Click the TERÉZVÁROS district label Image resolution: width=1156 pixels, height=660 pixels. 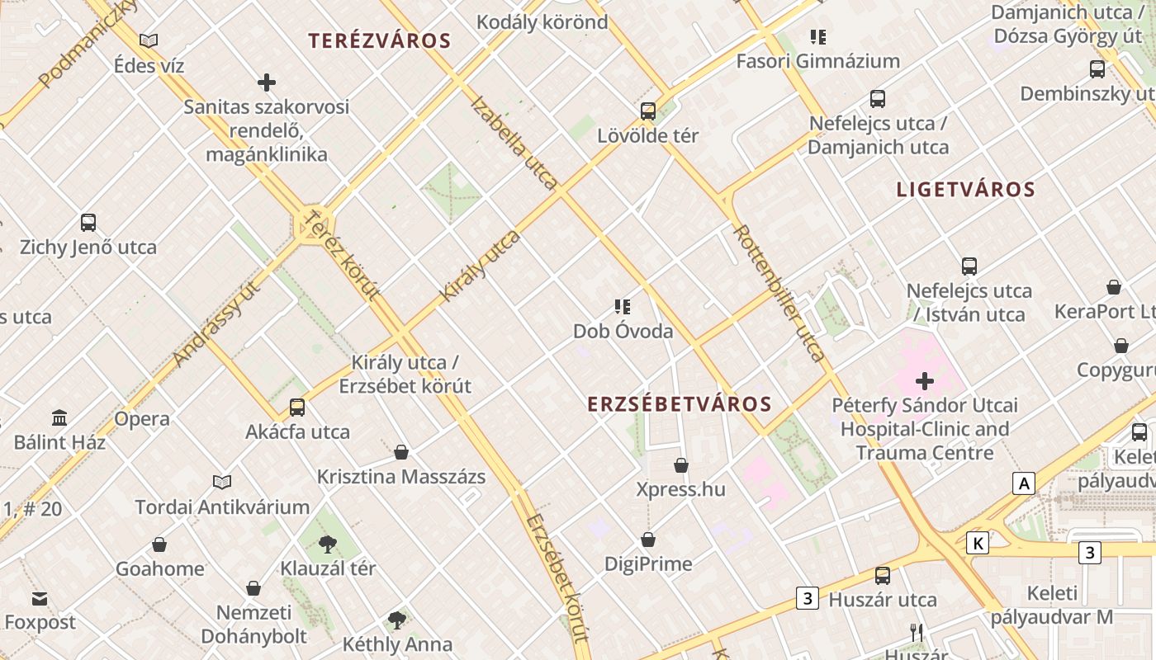coord(379,40)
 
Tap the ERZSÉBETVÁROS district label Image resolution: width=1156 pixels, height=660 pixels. coord(680,404)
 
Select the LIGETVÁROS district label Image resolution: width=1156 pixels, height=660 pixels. coord(965,189)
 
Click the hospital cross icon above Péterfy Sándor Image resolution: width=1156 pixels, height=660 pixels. coord(925,381)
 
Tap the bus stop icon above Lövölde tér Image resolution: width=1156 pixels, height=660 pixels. coord(648,111)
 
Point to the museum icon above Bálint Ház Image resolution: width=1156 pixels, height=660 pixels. coord(59,417)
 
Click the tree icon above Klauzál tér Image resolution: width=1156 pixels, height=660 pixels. coord(328,544)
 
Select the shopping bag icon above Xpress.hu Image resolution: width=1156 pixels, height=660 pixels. coord(681,465)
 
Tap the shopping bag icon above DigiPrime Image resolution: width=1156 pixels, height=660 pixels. coord(648,540)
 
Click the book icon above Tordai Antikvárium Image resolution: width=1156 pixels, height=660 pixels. coord(222,482)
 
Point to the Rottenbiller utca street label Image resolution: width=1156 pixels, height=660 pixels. coord(779,293)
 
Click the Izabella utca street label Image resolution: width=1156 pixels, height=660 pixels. coord(514,142)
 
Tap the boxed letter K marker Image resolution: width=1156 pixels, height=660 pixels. coord(978,543)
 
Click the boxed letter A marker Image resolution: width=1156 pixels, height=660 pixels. coord(1024,483)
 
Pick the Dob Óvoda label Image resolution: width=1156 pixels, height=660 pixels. coord(623,331)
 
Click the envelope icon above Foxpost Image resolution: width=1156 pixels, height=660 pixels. coord(40,599)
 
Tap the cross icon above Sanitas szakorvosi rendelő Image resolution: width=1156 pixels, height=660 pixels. coord(267,82)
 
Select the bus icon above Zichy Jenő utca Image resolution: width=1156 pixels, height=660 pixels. coord(88,223)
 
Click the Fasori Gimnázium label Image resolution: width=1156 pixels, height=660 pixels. coord(817,61)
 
